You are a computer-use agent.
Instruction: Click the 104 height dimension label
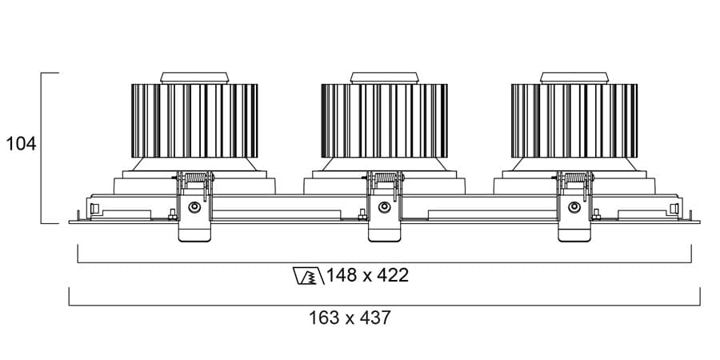22,144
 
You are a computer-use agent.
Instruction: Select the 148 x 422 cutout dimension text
367,276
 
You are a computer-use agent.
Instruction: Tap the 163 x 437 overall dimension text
350,318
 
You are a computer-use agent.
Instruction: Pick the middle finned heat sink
384,120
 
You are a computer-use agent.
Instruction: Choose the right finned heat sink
574,120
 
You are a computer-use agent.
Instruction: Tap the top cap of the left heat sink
194,78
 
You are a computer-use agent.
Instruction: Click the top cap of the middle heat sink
384,78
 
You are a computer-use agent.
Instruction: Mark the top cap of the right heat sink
574,78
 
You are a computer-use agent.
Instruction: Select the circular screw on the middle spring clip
385,208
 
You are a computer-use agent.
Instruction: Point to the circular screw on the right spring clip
574,208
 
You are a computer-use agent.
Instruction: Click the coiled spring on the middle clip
385,178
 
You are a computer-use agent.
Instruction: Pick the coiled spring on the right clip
574,178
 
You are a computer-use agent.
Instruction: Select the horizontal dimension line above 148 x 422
384,262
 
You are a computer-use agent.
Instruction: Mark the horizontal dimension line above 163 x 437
384,305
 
